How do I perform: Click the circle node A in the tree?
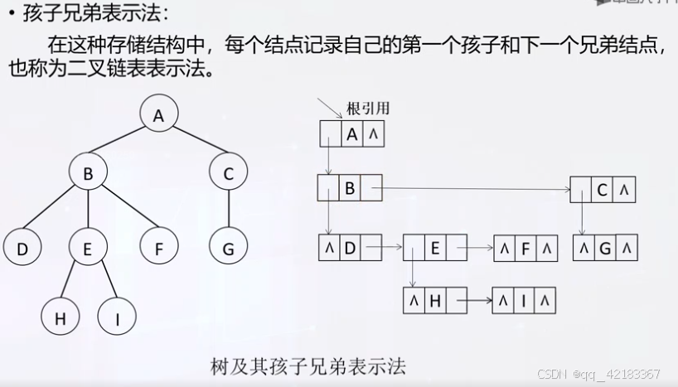point(158,116)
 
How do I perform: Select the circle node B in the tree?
point(87,173)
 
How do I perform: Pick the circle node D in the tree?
point(22,248)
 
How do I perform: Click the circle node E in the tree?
point(87,248)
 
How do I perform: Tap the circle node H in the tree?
point(61,317)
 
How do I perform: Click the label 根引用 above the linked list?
point(368,109)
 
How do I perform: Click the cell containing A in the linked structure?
point(351,133)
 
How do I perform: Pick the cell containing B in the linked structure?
point(350,189)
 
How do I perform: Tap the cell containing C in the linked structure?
point(603,191)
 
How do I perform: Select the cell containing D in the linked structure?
point(350,247)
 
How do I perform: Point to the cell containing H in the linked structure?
point(434,301)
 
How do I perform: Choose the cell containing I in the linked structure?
point(523,301)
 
